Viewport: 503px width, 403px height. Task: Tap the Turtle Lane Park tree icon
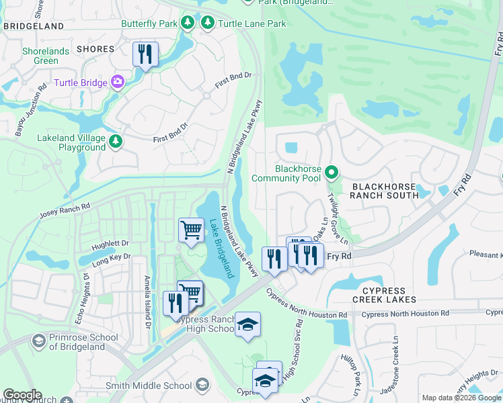[x=208, y=24]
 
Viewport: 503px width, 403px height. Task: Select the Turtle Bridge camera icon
[x=118, y=82]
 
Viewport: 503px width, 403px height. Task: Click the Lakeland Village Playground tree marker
[x=116, y=141]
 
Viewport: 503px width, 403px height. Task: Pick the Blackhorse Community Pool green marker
[x=331, y=173]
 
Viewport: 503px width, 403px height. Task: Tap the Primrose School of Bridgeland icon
[x=39, y=342]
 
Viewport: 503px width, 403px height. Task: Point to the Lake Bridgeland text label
[x=220, y=249]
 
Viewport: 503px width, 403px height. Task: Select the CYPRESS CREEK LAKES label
[x=385, y=299]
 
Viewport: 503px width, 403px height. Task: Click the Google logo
[x=22, y=395]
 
